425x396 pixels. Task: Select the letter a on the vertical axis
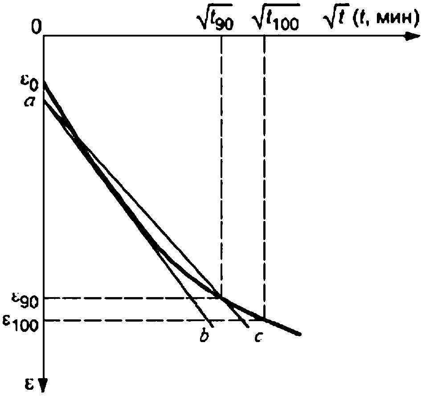31,102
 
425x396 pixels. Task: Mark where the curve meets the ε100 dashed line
265,319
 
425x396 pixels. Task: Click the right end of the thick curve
301,334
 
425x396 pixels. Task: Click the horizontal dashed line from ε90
134,297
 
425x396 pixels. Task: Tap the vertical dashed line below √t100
265,178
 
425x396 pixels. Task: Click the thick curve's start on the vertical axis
44,83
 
